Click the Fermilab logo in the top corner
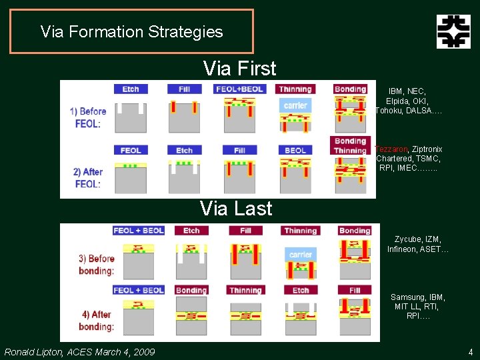coord(453,31)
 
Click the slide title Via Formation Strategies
coord(131,31)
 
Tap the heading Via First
coord(239,68)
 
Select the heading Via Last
coord(236,209)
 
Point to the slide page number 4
coord(470,351)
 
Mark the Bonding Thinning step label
coord(350,145)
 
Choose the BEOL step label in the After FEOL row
coord(295,151)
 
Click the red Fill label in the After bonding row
coord(355,290)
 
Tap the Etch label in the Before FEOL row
coord(131,89)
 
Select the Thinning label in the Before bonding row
coord(300,231)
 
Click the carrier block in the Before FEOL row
coord(295,105)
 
